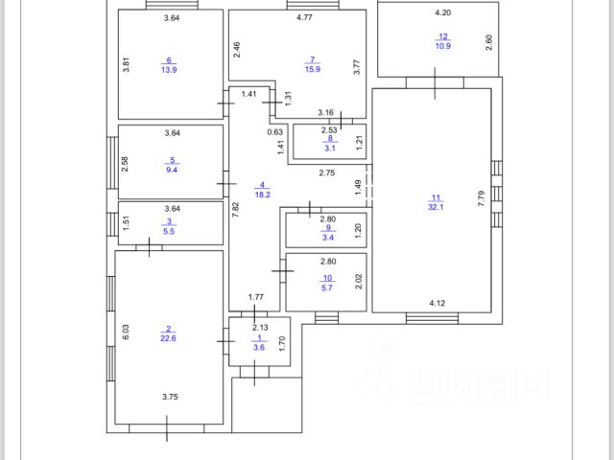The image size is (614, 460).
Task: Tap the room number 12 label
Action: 443,36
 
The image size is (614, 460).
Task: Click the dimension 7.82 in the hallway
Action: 235,212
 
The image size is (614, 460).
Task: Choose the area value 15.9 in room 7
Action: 312,69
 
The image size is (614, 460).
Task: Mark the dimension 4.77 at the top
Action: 305,18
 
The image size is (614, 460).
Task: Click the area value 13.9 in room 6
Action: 171,69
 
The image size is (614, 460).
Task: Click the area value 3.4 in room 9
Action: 328,239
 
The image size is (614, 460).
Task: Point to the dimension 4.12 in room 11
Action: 437,304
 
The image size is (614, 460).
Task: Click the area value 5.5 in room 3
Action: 172,231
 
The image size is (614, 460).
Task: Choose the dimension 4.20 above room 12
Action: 443,13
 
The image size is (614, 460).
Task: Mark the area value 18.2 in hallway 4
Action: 261,195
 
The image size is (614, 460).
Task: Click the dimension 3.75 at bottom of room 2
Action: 171,397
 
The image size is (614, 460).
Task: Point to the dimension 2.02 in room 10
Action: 359,282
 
